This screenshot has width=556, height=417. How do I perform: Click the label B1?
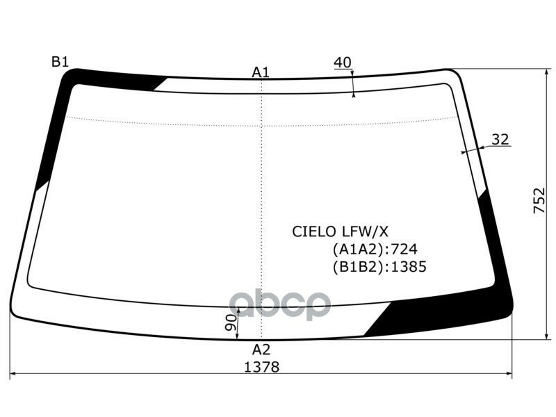(60, 62)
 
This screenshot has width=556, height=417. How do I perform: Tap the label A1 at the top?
(261, 72)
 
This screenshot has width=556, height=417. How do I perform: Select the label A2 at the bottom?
(261, 350)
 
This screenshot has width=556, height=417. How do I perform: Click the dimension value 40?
(342, 63)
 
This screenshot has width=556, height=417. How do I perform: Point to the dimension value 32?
(500, 139)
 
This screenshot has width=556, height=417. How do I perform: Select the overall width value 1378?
(261, 367)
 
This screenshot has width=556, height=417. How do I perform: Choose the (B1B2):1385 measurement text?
(379, 266)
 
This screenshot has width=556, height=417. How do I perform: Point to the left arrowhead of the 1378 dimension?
(15, 375)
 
